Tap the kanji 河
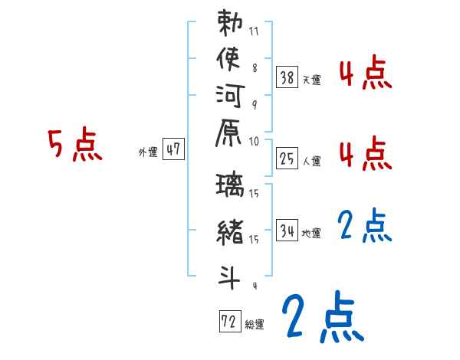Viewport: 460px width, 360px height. click(x=230, y=100)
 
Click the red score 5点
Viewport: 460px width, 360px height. click(x=74, y=146)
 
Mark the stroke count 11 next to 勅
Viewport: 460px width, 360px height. click(x=254, y=33)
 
